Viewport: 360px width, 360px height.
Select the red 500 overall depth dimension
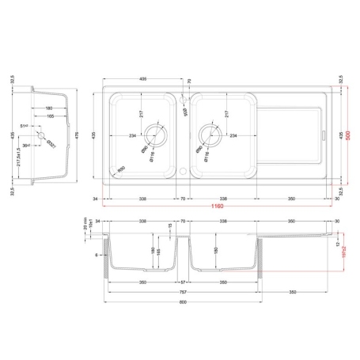348,135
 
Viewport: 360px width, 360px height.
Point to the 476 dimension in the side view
75,135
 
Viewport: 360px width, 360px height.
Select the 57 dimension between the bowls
182,282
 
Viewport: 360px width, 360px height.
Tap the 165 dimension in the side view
48,116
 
